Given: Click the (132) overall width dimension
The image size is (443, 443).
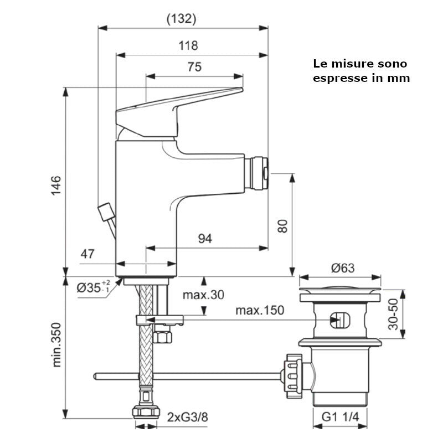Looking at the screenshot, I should (x=181, y=19).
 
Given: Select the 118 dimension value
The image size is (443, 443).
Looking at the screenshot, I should (x=188, y=46).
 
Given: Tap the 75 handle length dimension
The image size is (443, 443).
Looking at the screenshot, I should (x=194, y=67).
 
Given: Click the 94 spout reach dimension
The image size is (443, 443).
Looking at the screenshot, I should (x=205, y=239).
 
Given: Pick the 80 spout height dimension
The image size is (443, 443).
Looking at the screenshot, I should (x=283, y=226).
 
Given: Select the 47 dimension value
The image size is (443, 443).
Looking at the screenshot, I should (x=87, y=254).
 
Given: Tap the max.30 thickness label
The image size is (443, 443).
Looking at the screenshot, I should (x=203, y=295).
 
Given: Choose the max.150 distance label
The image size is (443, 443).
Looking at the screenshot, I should (x=260, y=310).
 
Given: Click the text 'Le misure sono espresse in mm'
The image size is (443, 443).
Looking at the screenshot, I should (x=361, y=71).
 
